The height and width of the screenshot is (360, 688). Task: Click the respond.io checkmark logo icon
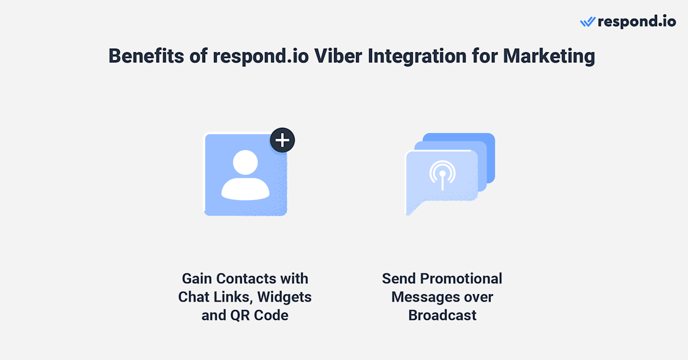[588, 22]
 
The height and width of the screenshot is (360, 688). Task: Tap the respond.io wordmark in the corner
[636, 22]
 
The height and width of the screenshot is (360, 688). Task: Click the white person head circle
[245, 163]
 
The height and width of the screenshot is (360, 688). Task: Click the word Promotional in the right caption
[461, 279]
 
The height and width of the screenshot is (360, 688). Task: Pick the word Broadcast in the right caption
[442, 316]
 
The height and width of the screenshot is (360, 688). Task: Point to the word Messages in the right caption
[425, 298]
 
